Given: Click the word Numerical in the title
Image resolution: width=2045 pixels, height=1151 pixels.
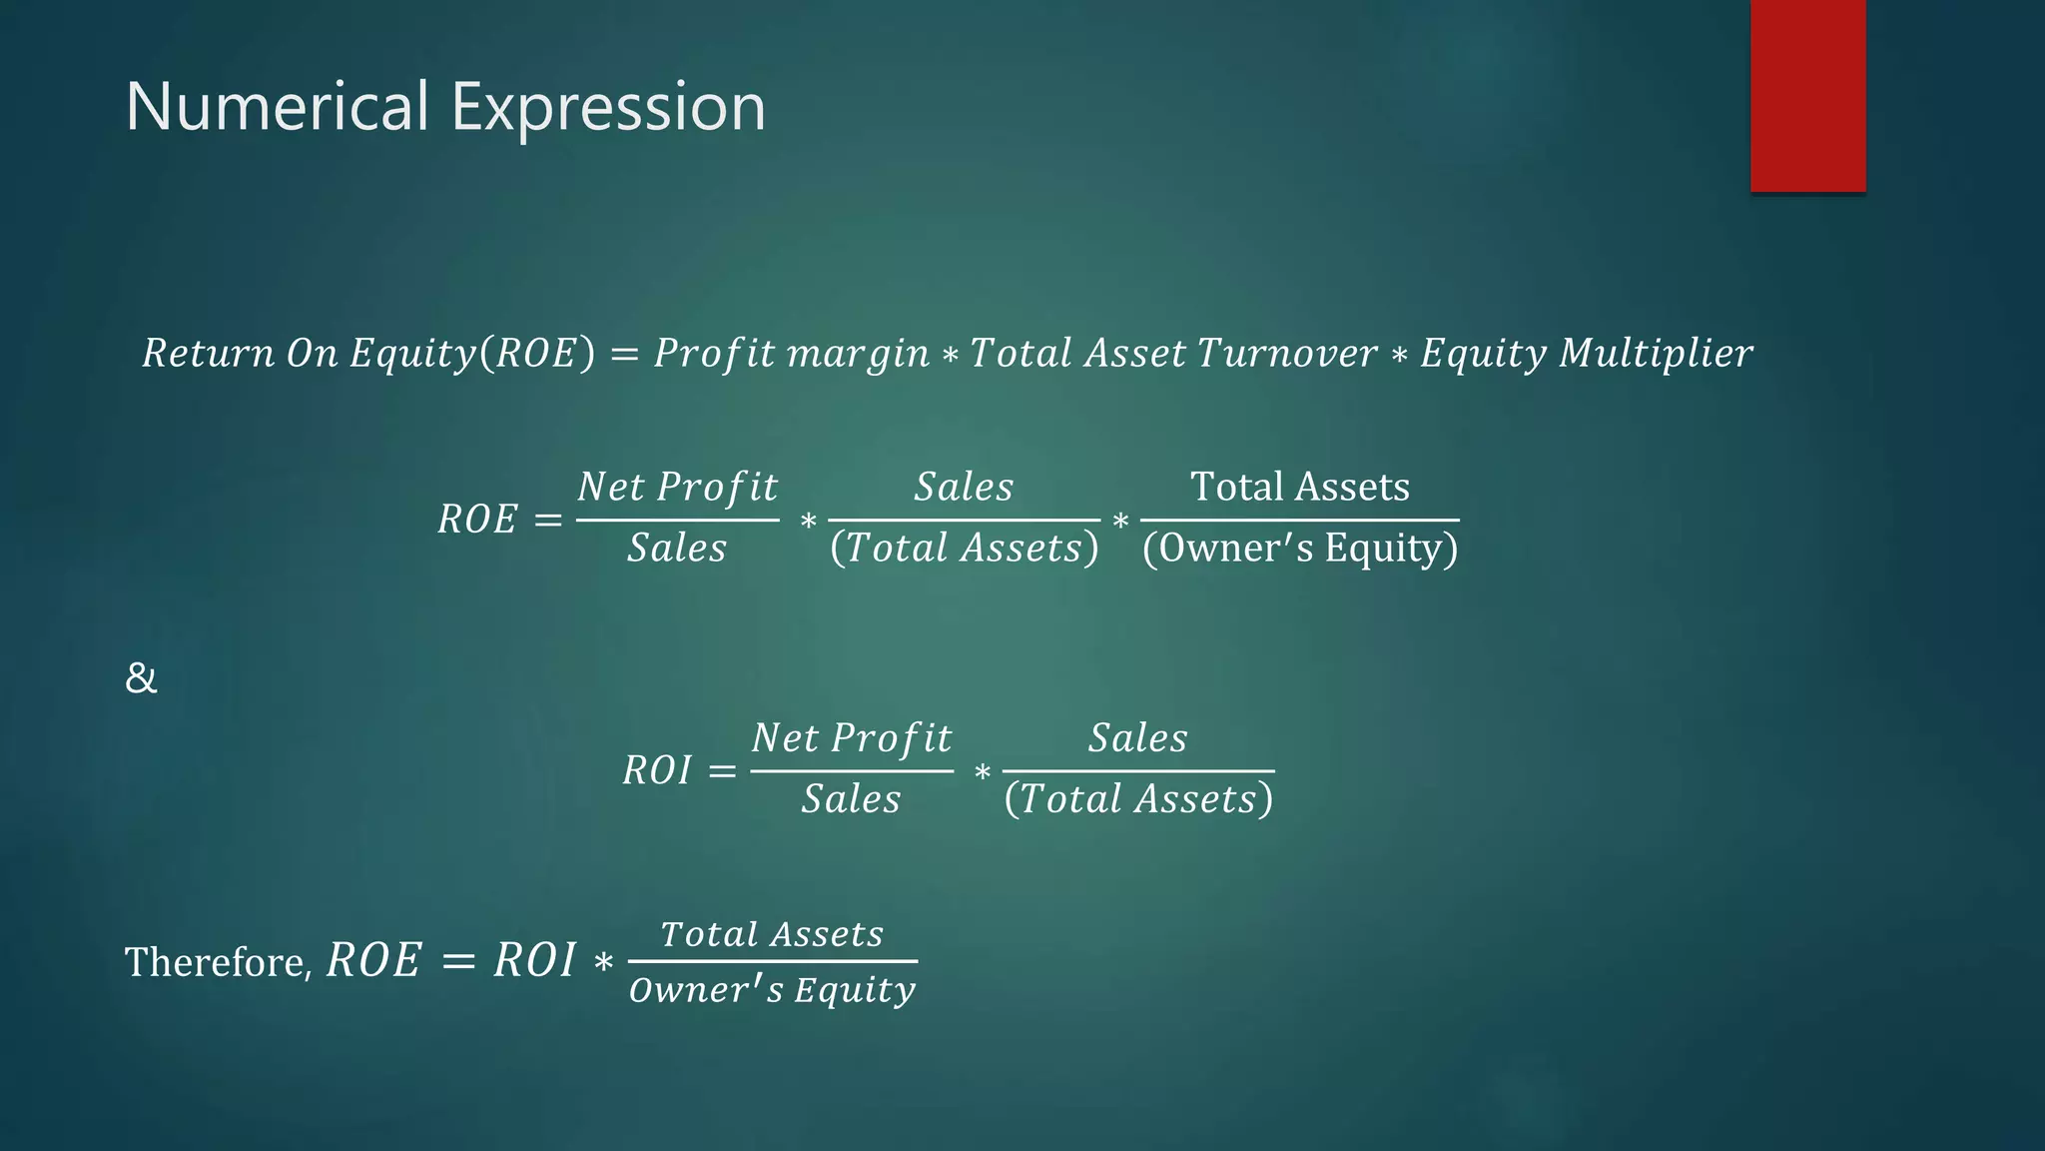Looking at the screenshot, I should [x=277, y=107].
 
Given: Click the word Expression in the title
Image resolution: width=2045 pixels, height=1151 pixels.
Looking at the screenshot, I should [x=608, y=107].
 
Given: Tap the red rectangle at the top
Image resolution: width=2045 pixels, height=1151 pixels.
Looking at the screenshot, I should [x=1807, y=95].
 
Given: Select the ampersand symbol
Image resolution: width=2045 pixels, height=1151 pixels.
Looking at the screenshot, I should [x=141, y=678].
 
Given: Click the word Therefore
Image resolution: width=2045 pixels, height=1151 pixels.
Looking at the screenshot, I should [x=218, y=962].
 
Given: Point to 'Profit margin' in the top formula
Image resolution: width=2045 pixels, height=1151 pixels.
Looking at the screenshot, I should [x=791, y=353].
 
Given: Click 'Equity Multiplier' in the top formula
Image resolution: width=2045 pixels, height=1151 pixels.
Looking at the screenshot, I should [x=1586, y=353].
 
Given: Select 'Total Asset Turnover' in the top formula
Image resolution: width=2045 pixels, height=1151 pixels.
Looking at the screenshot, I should [x=1173, y=353].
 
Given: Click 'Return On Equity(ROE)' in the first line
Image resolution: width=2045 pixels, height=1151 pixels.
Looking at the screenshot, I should [x=367, y=353].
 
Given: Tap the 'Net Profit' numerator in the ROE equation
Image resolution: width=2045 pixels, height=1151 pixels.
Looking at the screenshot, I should [x=677, y=487].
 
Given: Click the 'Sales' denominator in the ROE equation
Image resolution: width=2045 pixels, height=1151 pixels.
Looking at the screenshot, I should [x=677, y=548].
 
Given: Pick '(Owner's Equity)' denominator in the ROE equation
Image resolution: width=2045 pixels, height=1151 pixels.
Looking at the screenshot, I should [x=1300, y=548].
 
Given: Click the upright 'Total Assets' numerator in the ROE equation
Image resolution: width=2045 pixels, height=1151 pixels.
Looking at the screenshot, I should [x=1300, y=487].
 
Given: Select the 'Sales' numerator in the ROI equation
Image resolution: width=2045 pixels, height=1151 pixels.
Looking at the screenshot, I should [x=1137, y=737].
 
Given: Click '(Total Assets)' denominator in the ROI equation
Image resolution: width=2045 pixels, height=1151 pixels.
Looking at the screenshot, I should [x=1138, y=798].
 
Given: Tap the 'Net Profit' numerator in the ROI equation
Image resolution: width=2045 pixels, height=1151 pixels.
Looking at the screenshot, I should [x=851, y=737].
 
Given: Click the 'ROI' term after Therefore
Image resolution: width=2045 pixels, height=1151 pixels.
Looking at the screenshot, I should [x=534, y=960].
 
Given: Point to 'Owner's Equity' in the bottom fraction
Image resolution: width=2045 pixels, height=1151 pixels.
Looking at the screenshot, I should [x=772, y=989].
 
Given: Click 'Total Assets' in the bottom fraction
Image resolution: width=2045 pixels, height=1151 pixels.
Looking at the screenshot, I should [x=772, y=934].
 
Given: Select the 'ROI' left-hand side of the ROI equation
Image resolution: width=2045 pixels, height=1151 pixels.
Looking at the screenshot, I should [x=657, y=769].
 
